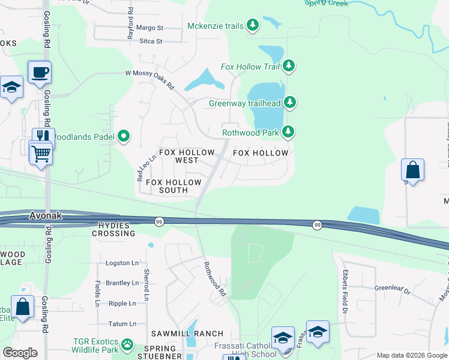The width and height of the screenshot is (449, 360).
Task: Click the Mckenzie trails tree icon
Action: click(253, 25)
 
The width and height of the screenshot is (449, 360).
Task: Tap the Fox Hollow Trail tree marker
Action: click(289, 65)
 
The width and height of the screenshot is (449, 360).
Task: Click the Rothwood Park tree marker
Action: click(289, 131)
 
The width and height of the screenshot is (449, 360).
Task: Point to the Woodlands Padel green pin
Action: click(124, 137)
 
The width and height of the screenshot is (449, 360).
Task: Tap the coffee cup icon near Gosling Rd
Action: click(40, 73)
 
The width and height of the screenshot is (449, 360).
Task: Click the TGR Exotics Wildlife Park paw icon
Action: click(127, 344)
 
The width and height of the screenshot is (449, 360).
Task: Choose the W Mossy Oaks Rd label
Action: click(149, 79)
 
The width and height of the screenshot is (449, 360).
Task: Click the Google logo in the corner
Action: click(20, 353)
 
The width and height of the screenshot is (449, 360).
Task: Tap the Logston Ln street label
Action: click(122, 263)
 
